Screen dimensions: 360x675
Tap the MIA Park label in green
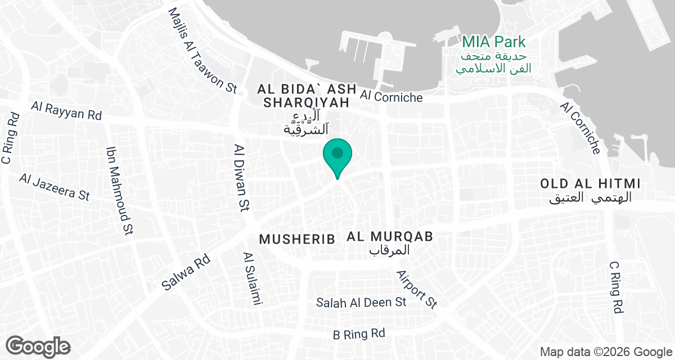point(494,42)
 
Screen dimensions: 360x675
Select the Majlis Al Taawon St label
point(204,51)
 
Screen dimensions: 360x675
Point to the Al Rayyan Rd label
point(66,110)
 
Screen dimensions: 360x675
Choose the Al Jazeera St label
point(54,186)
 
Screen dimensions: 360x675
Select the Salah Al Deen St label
point(361,302)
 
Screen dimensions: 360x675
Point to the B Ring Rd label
point(359,334)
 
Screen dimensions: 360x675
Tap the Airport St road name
point(416,289)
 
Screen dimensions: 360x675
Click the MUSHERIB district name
point(297,238)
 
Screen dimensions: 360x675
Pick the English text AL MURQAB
point(390,237)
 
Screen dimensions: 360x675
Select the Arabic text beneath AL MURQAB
point(390,250)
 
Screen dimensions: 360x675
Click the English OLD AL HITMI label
point(591,184)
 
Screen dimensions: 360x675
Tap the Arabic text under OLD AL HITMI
point(591,197)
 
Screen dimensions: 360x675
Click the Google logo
point(39,346)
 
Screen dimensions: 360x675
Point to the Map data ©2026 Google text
point(605,352)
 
